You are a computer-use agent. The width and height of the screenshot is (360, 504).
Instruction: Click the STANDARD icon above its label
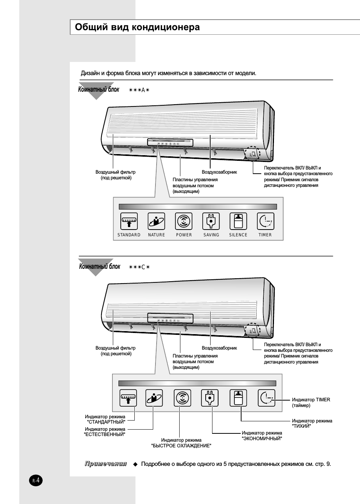click(129, 221)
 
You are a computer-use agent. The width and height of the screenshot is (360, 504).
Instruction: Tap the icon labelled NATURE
click(156, 221)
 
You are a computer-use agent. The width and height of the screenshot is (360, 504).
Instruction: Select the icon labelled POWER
click(184, 221)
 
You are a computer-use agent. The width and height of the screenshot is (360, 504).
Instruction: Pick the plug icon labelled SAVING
click(211, 221)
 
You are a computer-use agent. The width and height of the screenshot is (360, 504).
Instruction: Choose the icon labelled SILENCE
click(238, 221)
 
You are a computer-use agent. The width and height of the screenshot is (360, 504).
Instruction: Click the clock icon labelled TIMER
click(265, 221)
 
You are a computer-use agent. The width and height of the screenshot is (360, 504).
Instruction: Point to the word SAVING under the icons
click(211, 235)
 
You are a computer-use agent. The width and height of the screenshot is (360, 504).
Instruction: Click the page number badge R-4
click(36, 481)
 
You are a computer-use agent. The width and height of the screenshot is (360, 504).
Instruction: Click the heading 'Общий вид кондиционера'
click(137, 27)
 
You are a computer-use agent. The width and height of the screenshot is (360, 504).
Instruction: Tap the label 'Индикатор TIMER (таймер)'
click(311, 402)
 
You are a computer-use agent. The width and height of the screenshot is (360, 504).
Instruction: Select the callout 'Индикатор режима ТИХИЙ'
click(312, 423)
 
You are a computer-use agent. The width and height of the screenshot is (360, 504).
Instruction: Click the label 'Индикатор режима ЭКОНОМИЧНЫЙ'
click(262, 436)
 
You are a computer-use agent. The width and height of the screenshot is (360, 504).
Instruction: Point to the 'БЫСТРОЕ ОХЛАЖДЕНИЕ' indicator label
click(181, 443)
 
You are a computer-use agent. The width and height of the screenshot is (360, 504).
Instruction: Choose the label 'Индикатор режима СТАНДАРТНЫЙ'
click(105, 419)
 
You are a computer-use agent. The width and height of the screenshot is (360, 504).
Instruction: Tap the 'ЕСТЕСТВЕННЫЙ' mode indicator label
click(105, 432)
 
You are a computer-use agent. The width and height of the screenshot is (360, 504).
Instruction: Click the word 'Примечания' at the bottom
click(106, 464)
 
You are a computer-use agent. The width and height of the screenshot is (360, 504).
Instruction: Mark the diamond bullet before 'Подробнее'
click(135, 464)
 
